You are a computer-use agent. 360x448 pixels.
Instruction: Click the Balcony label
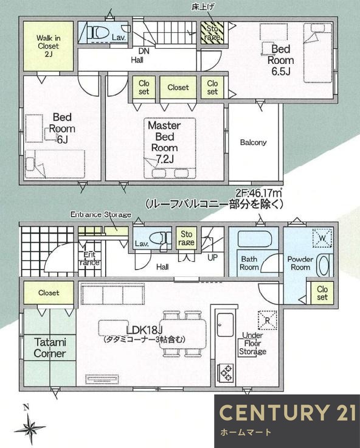point(253,142)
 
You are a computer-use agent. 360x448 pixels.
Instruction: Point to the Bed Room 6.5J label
point(282,60)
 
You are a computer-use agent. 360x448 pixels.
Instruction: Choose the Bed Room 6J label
point(63,128)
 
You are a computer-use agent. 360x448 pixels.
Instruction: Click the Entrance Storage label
point(101,214)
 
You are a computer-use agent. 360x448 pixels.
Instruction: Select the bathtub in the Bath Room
point(254,239)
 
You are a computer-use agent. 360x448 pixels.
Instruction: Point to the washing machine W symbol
point(322,236)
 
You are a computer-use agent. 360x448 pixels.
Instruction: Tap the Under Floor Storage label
point(252,343)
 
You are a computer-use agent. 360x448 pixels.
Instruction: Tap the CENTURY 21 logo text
point(286,413)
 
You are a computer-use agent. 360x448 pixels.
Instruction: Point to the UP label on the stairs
point(213,258)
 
